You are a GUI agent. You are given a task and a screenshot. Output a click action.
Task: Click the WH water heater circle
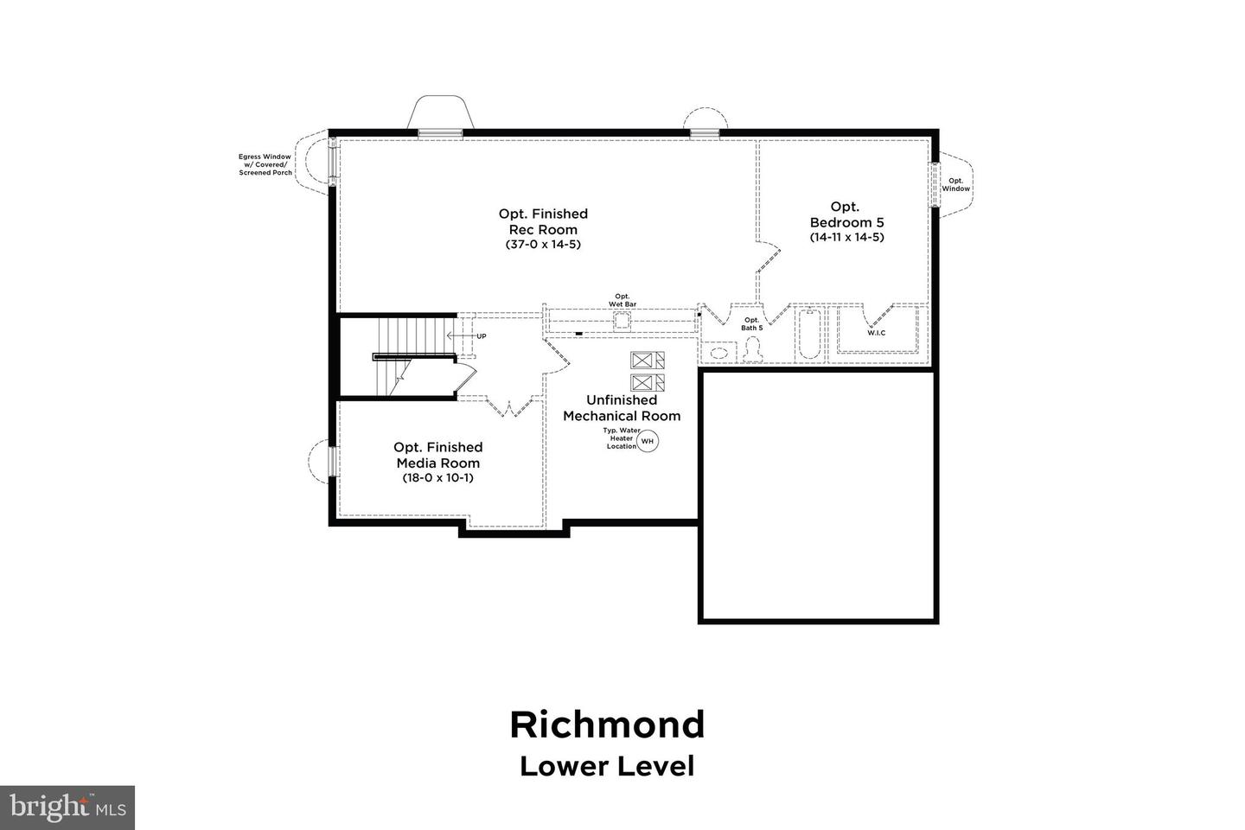point(648,442)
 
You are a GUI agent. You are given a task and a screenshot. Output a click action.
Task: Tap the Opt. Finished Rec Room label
point(543,221)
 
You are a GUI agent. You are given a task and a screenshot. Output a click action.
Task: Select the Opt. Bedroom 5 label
point(846,214)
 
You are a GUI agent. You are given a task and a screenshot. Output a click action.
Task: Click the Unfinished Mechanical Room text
point(622,408)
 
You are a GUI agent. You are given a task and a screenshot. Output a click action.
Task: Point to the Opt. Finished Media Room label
point(437,455)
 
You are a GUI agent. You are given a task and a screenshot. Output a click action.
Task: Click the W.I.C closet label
point(877,333)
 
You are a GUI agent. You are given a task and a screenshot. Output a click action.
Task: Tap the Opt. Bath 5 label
point(751,324)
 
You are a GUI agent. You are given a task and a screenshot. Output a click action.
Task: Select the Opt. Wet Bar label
point(622,300)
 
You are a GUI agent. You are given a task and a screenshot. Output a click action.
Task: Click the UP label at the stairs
point(481,335)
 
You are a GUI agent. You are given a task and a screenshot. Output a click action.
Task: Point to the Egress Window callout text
point(265,165)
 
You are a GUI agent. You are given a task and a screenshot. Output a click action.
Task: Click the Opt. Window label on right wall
point(955,185)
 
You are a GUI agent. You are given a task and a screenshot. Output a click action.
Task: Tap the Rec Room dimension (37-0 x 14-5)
point(543,245)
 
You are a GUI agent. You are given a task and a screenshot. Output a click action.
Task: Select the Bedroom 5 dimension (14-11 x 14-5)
point(846,237)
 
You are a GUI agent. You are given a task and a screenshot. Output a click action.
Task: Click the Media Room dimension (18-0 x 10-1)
point(437,478)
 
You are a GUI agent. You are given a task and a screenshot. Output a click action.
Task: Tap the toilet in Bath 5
point(751,347)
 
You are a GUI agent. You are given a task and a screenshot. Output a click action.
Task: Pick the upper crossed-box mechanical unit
point(643,361)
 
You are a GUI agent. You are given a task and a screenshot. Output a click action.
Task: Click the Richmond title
point(607,725)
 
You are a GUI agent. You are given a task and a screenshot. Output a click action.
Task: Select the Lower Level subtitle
point(607,766)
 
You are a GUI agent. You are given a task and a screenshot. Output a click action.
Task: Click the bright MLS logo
point(67,808)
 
